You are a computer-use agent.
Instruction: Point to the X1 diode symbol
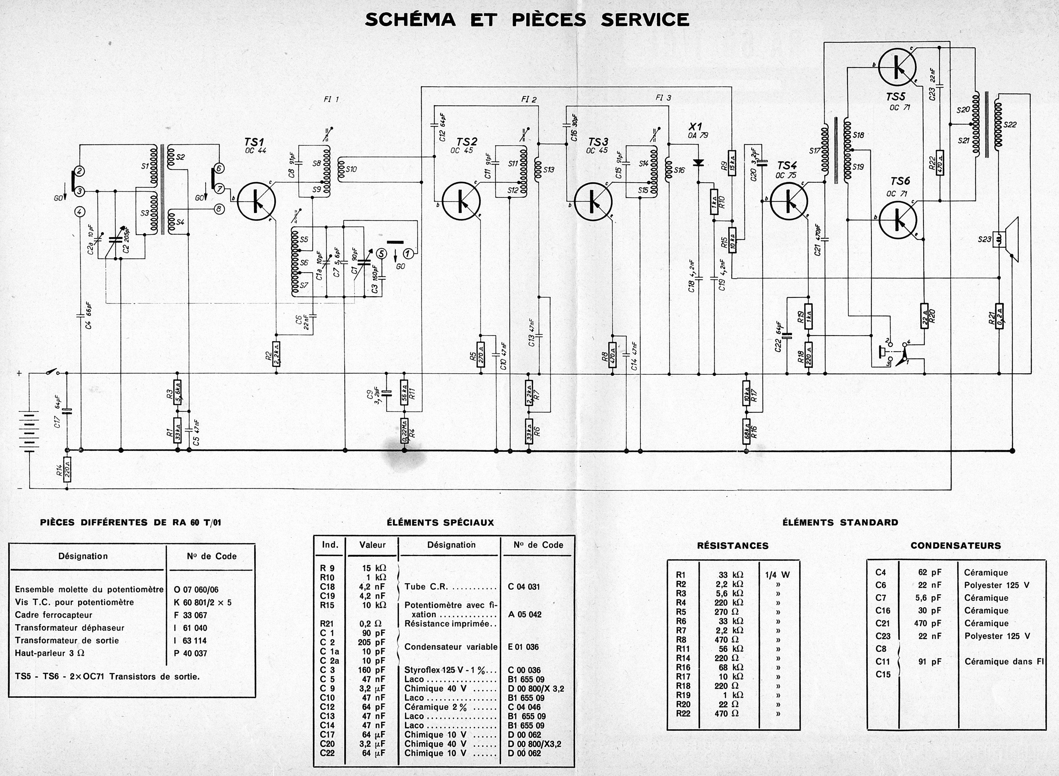pyautogui.click(x=699, y=163)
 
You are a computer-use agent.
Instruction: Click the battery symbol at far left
pyautogui.click(x=29, y=431)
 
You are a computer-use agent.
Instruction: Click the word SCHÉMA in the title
pyautogui.click(x=410, y=20)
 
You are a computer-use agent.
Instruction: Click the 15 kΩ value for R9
pyautogui.click(x=374, y=568)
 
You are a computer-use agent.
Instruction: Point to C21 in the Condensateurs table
pyautogui.click(x=882, y=623)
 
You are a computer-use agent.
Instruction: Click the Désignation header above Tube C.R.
pyautogui.click(x=451, y=545)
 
